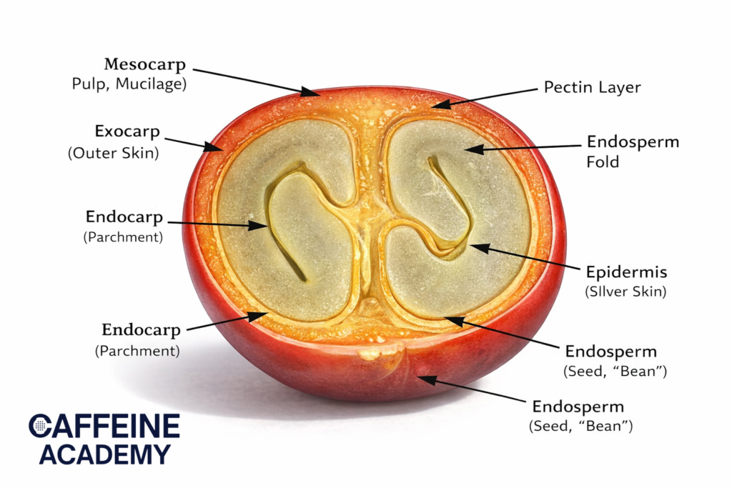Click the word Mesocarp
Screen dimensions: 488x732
(x=145, y=64)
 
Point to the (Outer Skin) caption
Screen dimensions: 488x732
(x=113, y=152)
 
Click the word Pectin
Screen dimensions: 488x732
(x=568, y=87)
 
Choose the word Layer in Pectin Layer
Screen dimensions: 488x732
(x=619, y=87)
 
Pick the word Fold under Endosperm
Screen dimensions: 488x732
(x=603, y=162)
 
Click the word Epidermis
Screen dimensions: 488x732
(x=626, y=272)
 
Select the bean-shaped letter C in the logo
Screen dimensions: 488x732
(x=40, y=426)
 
